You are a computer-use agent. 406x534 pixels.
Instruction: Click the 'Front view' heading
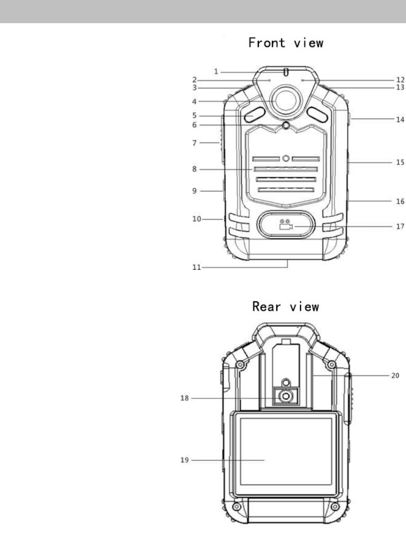click(286, 43)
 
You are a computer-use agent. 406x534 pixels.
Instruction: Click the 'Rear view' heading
click(286, 307)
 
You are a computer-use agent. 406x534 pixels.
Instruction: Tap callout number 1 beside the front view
click(216, 72)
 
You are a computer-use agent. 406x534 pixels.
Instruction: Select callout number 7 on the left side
click(194, 143)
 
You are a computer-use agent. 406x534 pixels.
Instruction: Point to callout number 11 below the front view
click(197, 267)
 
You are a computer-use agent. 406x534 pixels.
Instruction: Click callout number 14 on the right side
click(400, 119)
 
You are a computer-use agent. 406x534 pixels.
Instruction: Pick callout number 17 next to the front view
click(400, 227)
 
